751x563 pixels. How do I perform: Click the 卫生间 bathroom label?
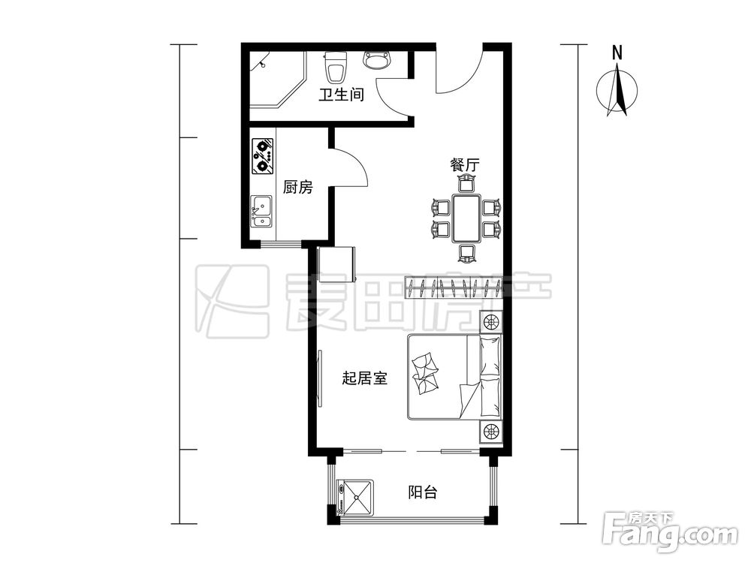341,96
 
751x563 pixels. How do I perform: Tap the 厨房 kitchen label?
297,188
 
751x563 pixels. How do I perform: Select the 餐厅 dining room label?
465,165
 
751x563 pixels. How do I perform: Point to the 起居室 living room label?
364,378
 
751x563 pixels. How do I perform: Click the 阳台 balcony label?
423,492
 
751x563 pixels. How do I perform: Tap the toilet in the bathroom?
335,68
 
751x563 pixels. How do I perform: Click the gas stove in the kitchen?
262,155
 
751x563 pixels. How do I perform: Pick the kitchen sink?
261,210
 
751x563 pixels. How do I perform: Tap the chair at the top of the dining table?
466,182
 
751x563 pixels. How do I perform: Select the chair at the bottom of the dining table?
466,254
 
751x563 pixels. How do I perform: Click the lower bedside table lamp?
490,432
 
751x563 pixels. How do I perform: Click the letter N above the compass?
617,53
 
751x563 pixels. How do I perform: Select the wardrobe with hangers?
453,287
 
